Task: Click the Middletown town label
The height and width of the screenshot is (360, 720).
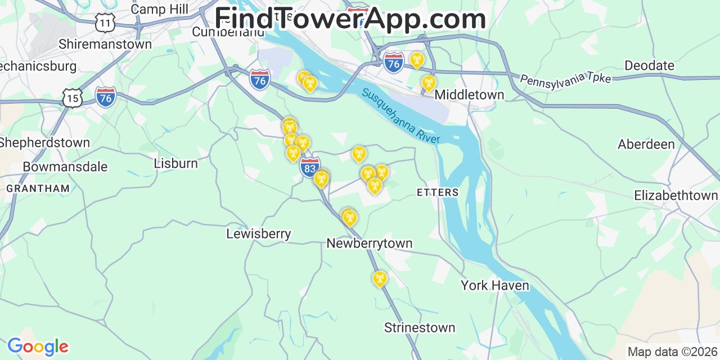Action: pos(469,94)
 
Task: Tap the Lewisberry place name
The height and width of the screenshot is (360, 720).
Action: pos(259,233)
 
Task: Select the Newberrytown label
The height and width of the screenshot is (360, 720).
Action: pos(370,244)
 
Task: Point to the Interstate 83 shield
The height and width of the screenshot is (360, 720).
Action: pos(309,167)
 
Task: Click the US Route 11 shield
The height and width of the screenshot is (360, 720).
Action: pos(105,22)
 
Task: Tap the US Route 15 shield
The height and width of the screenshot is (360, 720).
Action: pos(73,98)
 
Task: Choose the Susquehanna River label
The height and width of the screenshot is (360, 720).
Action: pos(400,115)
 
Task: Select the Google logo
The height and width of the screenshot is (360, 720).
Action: pos(38,346)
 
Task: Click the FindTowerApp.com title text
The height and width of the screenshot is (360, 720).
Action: pos(350,19)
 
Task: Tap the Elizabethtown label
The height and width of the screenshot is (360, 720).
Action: pos(676,196)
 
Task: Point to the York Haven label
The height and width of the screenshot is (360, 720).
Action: pos(495,286)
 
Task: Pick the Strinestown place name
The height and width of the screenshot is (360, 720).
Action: pos(420,327)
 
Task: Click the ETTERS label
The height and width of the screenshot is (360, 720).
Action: pos(438,192)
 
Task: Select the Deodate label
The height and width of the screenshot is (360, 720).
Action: pos(649,65)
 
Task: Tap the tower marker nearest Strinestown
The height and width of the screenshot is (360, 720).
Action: pos(380,278)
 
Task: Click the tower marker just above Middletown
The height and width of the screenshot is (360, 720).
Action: pos(429,83)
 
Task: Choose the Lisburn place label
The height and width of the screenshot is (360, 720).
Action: pos(175,164)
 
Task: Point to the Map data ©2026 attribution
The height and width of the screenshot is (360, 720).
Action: pos(673,352)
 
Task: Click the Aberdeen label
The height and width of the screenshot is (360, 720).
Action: pos(646,145)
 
